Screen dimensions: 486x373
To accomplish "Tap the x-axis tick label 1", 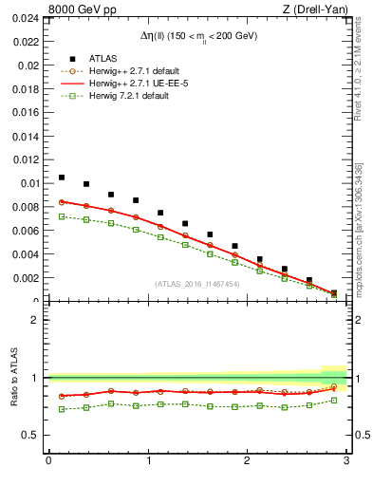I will pos(148,461).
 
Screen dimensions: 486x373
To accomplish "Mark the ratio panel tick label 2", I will pos(36,320).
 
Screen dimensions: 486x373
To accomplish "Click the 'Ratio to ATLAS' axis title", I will pos(12,377).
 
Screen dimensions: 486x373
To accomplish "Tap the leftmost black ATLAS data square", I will pos(62,178).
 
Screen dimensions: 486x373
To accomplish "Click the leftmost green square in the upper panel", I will pos(62,216).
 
